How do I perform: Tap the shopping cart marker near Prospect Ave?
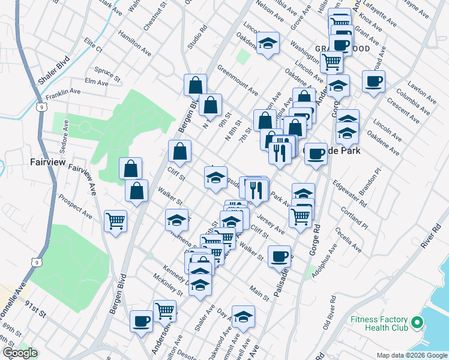pos(115,220)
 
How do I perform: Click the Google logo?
pos(20,353)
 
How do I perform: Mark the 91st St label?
pos(35,308)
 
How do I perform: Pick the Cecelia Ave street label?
pos(349,239)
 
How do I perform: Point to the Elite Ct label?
pos(94,44)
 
